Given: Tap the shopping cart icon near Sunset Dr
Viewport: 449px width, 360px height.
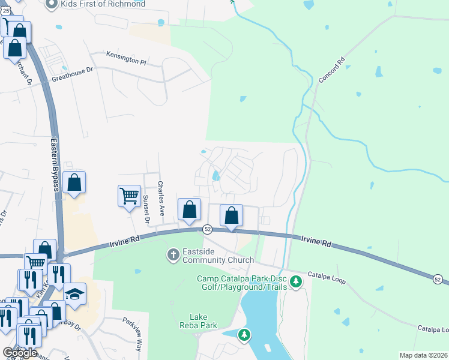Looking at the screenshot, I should pos(129,196).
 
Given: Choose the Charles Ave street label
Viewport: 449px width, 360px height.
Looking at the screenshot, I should pos(160,199).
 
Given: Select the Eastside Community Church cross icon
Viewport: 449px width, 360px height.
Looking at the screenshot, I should pos(173,255).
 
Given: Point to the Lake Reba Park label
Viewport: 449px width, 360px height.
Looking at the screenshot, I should pos(202,321).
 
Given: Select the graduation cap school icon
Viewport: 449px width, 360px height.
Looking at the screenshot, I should pos(75,294).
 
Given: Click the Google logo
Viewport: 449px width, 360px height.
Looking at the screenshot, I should pos(20,353).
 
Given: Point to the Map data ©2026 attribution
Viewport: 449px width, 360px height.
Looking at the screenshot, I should pos(423,355).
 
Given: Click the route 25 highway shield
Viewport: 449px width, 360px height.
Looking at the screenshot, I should pos(5,12).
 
